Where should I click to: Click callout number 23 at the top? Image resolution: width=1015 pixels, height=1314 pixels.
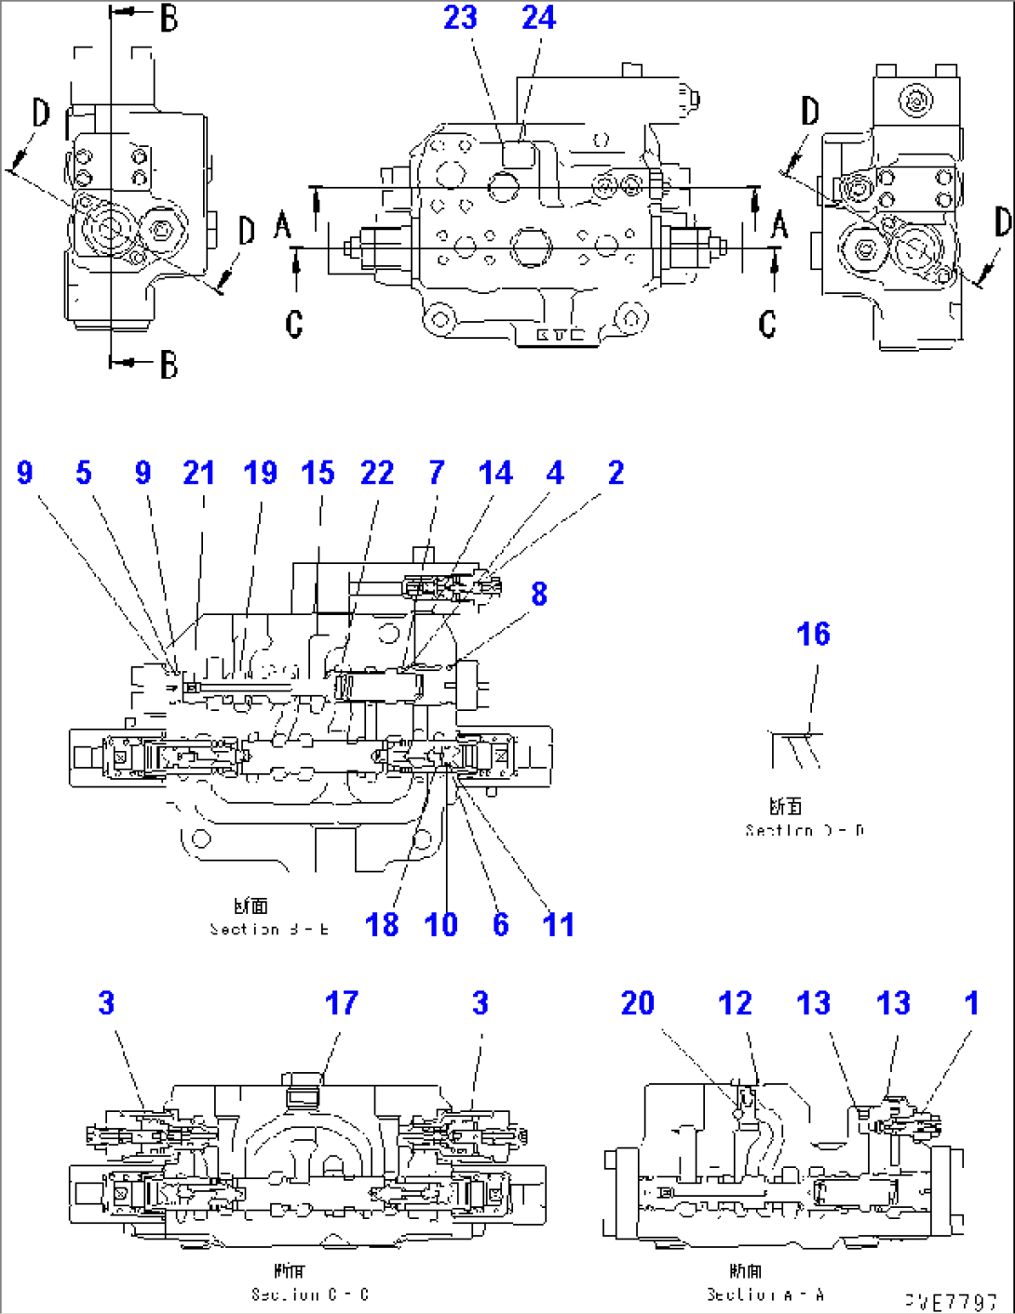pos(460,18)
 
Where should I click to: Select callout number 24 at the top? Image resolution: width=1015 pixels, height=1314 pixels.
pos(538,18)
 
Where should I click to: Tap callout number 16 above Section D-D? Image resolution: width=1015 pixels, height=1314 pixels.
pos(813,635)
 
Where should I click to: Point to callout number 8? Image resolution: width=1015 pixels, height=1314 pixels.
pos(539,594)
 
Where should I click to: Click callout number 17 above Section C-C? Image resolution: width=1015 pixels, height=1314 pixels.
pos(341,1003)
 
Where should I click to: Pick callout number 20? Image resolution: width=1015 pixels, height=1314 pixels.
pos(638,1003)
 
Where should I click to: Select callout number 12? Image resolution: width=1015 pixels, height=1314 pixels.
pos(735,1003)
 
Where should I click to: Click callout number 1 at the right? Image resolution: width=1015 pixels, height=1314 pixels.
pos(971,1003)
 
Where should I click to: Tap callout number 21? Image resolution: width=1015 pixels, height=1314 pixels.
pos(199,473)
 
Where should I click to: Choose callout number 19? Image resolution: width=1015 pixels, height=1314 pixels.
pos(261,473)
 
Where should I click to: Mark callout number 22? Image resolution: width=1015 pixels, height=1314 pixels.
pos(377,473)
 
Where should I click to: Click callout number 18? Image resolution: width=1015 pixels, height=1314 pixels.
pos(382,925)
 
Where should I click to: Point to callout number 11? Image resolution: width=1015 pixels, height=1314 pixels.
pos(559,925)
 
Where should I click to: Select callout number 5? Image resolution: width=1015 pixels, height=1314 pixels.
pos(84,473)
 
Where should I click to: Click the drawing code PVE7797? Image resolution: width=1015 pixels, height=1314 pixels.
pos(950,1301)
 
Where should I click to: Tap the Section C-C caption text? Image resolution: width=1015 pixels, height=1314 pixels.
pos(309,1294)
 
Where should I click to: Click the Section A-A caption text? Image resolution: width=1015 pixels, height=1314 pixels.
pos(765,1294)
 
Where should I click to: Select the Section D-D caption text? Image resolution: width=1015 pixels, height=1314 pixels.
pos(804,830)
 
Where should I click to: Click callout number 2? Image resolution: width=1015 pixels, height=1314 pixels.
pos(616,473)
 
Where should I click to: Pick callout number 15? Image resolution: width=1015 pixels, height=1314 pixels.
pos(318,473)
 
